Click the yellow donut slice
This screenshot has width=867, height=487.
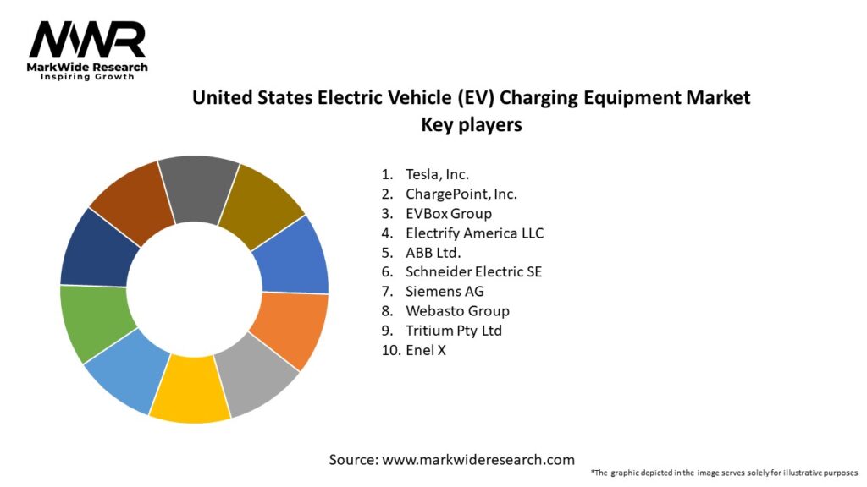click(x=191, y=390)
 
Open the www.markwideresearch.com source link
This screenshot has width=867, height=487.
click(x=478, y=460)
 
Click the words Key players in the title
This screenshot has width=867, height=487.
click(x=471, y=124)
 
